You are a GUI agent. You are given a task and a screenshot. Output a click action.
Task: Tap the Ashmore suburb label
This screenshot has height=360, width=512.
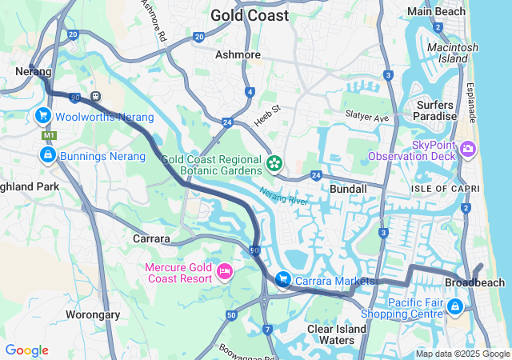tap(238, 54)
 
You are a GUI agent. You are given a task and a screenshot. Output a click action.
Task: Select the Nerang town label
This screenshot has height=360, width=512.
tap(34, 71)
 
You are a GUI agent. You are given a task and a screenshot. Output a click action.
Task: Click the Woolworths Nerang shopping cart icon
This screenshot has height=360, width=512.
tap(42, 117)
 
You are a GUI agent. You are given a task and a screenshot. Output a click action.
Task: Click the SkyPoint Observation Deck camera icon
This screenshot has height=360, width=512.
tap(467, 149)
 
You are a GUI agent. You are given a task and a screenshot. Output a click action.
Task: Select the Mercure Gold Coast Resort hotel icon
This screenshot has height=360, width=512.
tap(225, 273)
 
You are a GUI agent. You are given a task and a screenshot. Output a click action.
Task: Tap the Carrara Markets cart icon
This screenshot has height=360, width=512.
tap(282, 280)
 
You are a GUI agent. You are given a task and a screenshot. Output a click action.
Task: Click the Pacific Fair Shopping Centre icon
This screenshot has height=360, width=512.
tap(455, 306)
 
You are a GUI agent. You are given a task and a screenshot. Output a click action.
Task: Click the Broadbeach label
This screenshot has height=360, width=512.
tap(474, 283)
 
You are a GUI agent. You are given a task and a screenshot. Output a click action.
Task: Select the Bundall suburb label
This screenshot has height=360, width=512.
tap(348, 189)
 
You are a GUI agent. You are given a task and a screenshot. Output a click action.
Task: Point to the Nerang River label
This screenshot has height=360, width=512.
tap(284, 197)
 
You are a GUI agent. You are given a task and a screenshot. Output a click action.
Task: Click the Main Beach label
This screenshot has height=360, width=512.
tap(436, 11)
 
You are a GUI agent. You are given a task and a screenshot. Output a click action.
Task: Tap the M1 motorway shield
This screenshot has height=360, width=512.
tap(48, 136)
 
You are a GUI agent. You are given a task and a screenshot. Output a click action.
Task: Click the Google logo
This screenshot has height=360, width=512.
tap(26, 350)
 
